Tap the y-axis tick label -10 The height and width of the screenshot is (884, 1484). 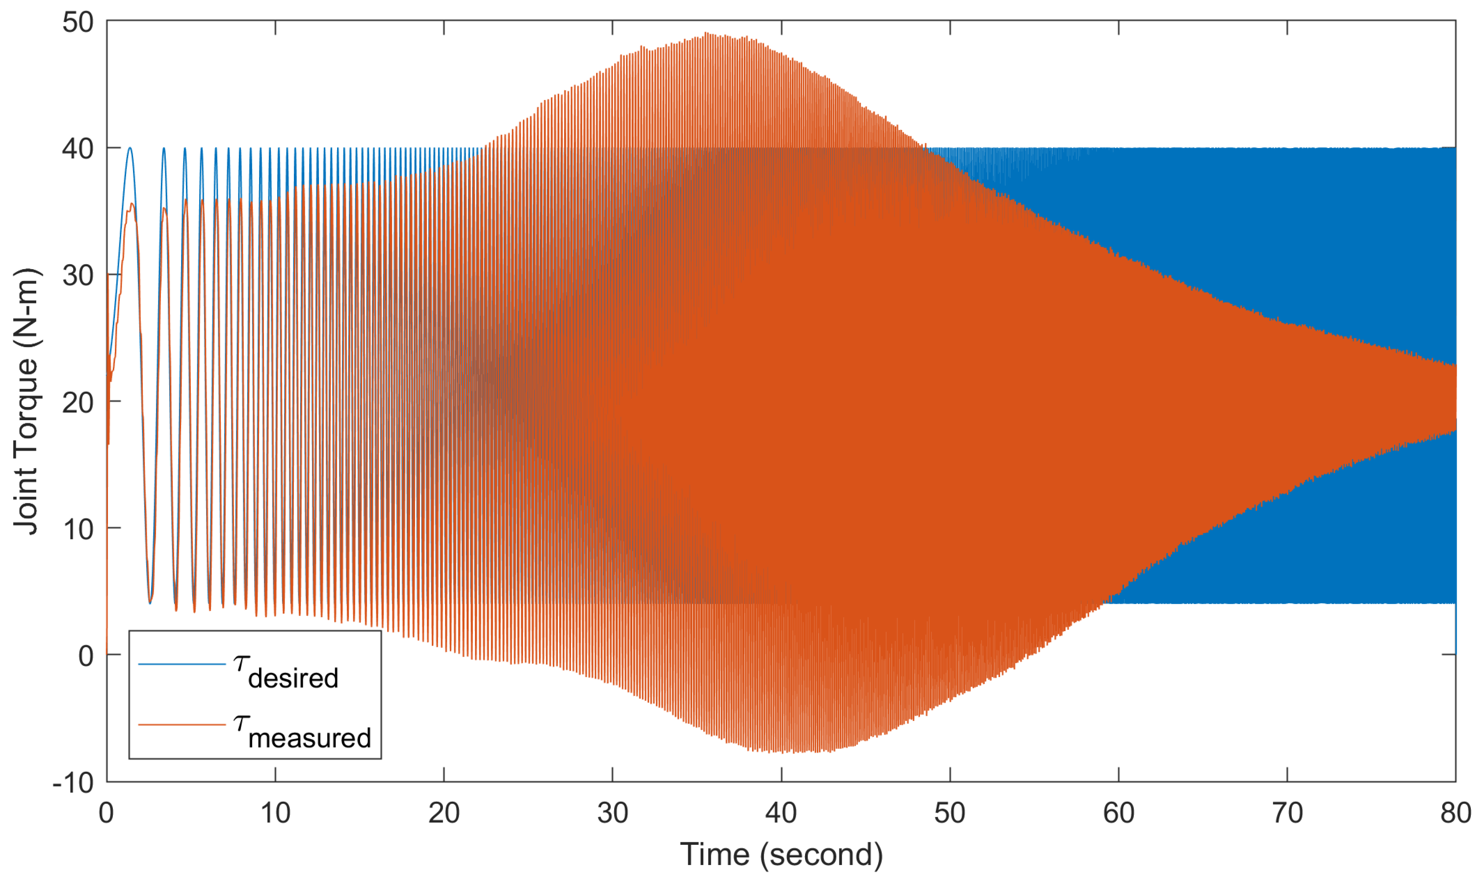(73, 783)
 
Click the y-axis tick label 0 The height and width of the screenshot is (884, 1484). (86, 656)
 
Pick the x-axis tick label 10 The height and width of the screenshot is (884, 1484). (275, 813)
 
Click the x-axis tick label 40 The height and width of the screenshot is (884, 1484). (781, 813)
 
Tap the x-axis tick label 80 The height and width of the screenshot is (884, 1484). (1455, 813)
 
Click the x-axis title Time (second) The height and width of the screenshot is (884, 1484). (781, 855)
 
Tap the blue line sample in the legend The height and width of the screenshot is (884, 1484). (182, 664)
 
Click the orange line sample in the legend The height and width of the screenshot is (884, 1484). (182, 725)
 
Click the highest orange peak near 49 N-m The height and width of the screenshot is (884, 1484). (707, 33)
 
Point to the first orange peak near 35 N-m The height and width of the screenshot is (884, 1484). (132, 204)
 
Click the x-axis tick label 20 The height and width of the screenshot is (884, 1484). (444, 813)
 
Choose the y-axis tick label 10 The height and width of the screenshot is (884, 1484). (78, 529)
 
